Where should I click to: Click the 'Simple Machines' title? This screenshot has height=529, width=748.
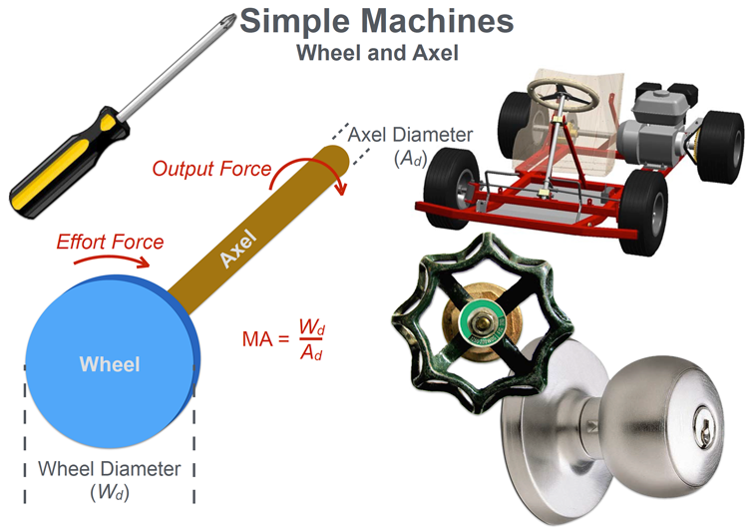coord(376,22)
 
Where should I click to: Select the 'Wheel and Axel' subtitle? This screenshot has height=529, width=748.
coord(377,53)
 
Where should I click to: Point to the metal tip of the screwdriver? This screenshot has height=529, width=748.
coord(228,20)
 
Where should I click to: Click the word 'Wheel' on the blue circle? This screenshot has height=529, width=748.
coord(110,364)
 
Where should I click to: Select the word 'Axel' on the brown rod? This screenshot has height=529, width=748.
coord(237,248)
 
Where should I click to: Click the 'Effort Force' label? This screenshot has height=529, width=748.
coord(110,242)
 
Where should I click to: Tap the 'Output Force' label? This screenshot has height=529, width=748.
coord(211,169)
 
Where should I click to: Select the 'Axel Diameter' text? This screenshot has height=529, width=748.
coord(410,135)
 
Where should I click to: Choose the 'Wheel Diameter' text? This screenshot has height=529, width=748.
coord(110,468)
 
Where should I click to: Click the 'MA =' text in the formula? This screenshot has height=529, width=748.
coord(265,339)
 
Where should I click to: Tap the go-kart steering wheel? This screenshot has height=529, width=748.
coord(563,94)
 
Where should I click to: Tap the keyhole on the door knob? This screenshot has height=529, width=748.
coord(703,431)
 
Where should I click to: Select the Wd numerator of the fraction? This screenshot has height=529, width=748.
coord(312,326)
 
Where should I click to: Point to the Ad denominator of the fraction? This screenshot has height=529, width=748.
coord(311,352)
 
